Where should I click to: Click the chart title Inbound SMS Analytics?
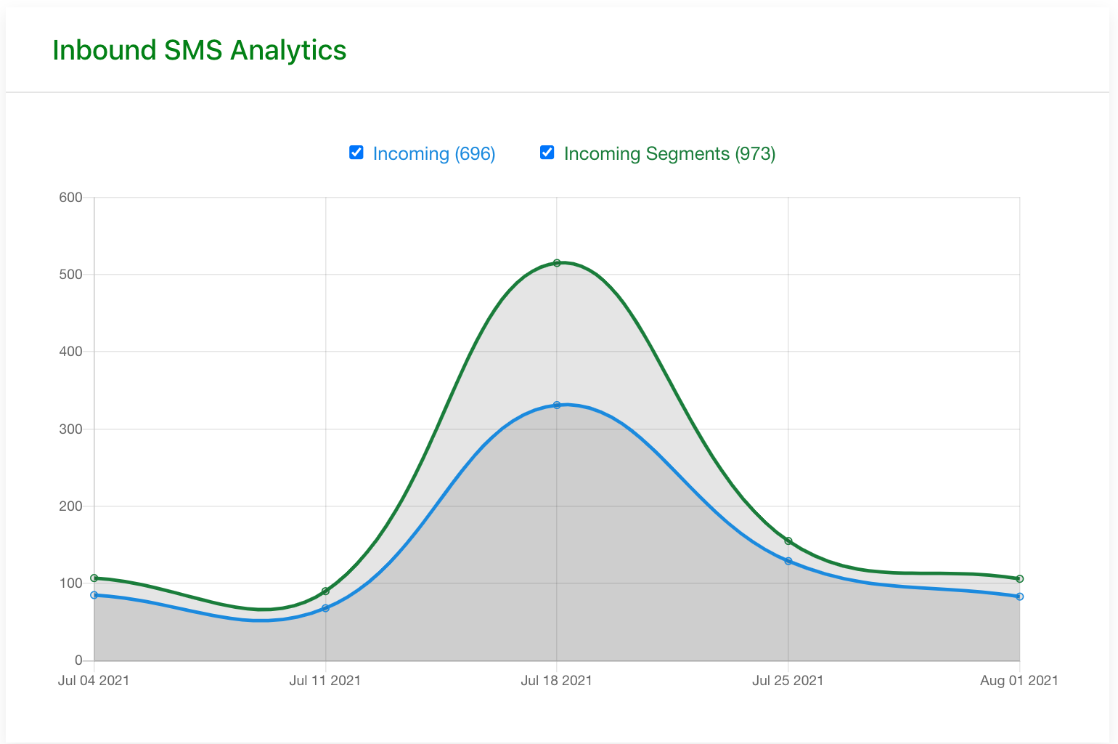[x=200, y=50]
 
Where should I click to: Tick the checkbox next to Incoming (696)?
[x=356, y=152]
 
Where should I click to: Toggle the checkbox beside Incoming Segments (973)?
[x=547, y=152]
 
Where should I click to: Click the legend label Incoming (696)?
[x=434, y=154]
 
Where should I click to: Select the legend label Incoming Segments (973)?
[x=669, y=154]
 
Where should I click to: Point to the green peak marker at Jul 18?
[x=557, y=263]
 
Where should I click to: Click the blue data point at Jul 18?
[x=557, y=405]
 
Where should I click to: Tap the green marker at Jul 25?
[x=788, y=541]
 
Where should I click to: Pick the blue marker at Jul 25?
[x=788, y=561]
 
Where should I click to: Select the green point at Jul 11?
[x=325, y=591]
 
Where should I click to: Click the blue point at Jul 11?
[x=325, y=608]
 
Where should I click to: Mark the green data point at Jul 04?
[x=94, y=578]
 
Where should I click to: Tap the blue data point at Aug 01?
[x=1020, y=597]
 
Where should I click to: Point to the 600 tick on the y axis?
[x=71, y=198]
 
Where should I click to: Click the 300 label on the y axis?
[x=71, y=429]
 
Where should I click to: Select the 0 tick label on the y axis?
[x=78, y=660]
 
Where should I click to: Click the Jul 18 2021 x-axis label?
[x=557, y=681]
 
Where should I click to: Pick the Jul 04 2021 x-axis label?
[x=94, y=681]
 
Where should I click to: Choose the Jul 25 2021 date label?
[x=788, y=681]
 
